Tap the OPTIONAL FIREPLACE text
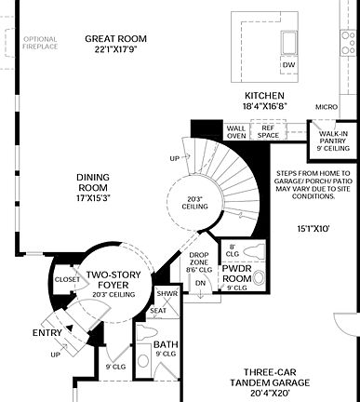pos(39,44)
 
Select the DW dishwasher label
pos(288,65)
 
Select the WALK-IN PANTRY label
pos(333,141)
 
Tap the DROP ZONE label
pos(199,262)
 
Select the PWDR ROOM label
pos(238,274)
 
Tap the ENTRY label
pos(47,332)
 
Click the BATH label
pos(165,349)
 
